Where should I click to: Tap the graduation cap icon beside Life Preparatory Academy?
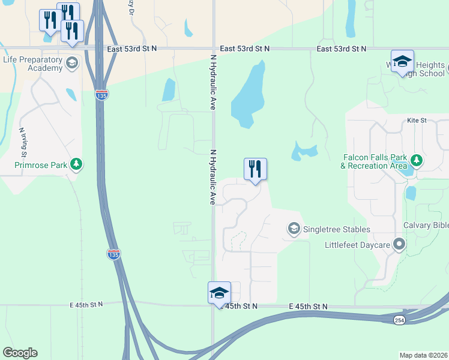[x=72, y=63]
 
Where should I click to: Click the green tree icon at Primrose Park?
[x=76, y=163]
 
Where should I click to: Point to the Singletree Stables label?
[x=336, y=229]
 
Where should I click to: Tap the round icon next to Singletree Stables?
[x=294, y=229]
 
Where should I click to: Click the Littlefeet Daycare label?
[x=357, y=245]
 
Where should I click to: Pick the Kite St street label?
[x=416, y=121]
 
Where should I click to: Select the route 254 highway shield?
[x=399, y=320]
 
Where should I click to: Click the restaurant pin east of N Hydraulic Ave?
[x=255, y=169]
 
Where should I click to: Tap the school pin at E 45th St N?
[x=219, y=293]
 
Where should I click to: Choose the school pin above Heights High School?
[x=402, y=61]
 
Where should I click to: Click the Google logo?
[x=20, y=353]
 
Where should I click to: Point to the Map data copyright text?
[x=424, y=355]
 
